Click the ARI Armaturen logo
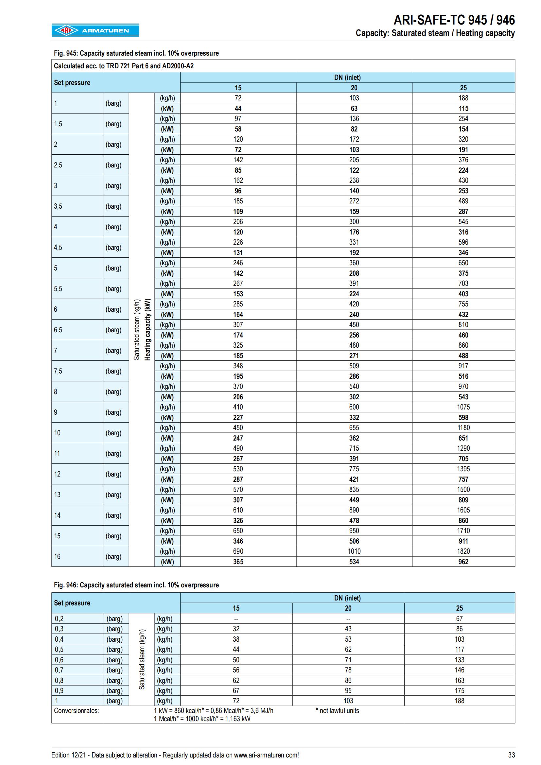point(95,30)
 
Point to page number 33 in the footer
point(511,755)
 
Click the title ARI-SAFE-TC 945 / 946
point(454,20)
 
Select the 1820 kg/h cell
point(463,551)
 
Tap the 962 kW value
point(463,562)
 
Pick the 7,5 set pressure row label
point(58,371)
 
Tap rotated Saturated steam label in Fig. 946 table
point(142,659)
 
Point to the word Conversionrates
point(76,711)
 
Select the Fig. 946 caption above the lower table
point(136,585)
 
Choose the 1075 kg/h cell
point(463,407)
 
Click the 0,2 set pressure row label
point(59,619)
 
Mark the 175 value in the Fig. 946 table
point(459,691)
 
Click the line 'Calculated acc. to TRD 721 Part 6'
point(124,66)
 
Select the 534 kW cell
point(354,562)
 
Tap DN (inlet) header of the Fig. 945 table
point(347,78)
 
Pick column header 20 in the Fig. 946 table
point(348,608)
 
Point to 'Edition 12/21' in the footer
point(69,755)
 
